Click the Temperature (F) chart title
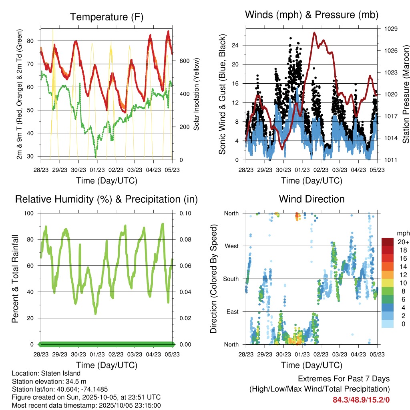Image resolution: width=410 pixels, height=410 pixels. [x=107, y=17]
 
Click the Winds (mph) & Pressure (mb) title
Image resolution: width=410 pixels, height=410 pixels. [x=312, y=15]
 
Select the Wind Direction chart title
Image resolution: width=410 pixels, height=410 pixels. [x=312, y=199]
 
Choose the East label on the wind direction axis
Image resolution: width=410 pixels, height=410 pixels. [x=232, y=312]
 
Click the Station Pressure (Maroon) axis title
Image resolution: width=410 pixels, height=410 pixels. [x=406, y=94]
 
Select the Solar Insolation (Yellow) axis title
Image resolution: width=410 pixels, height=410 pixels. [x=197, y=94]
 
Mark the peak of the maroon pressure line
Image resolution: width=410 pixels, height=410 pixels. [x=315, y=32]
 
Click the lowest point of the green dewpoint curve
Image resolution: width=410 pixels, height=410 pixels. [x=95, y=157]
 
